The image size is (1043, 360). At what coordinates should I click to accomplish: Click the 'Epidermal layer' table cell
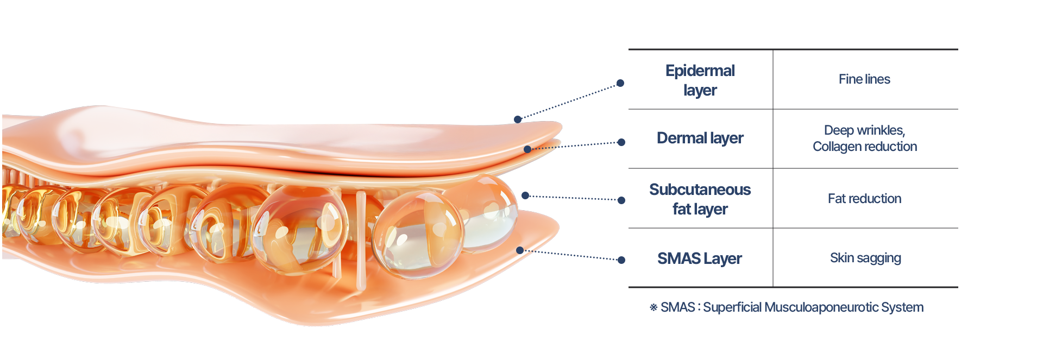(x=700, y=80)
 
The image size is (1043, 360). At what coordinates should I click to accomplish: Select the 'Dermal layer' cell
(x=700, y=138)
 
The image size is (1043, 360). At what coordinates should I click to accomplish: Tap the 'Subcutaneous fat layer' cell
(x=700, y=199)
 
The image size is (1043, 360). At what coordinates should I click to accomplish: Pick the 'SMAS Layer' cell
(x=700, y=258)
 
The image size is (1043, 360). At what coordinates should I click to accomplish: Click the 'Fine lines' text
(x=864, y=79)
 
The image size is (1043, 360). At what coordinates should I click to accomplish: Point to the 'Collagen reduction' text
(x=864, y=147)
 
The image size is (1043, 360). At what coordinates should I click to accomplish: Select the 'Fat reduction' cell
(x=864, y=199)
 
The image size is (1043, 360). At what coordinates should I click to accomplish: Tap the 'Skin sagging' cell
(x=865, y=258)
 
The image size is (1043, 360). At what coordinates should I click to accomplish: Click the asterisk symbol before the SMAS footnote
(x=654, y=307)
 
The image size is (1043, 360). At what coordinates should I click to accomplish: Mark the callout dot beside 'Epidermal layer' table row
(x=620, y=83)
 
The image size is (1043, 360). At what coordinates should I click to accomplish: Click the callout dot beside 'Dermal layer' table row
(x=621, y=142)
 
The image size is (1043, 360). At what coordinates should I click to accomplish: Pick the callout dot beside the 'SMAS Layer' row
(x=621, y=260)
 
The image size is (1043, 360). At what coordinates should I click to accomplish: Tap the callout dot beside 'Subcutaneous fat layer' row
(x=621, y=200)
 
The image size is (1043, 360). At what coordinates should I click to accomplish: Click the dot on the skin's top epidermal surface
(x=518, y=119)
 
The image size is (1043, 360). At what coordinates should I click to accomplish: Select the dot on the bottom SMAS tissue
(x=520, y=250)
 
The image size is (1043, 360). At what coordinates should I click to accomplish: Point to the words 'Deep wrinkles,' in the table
(x=864, y=130)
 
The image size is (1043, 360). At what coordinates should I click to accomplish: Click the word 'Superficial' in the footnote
(x=732, y=307)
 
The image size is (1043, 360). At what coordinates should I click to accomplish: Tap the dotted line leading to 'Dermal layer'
(x=576, y=145)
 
